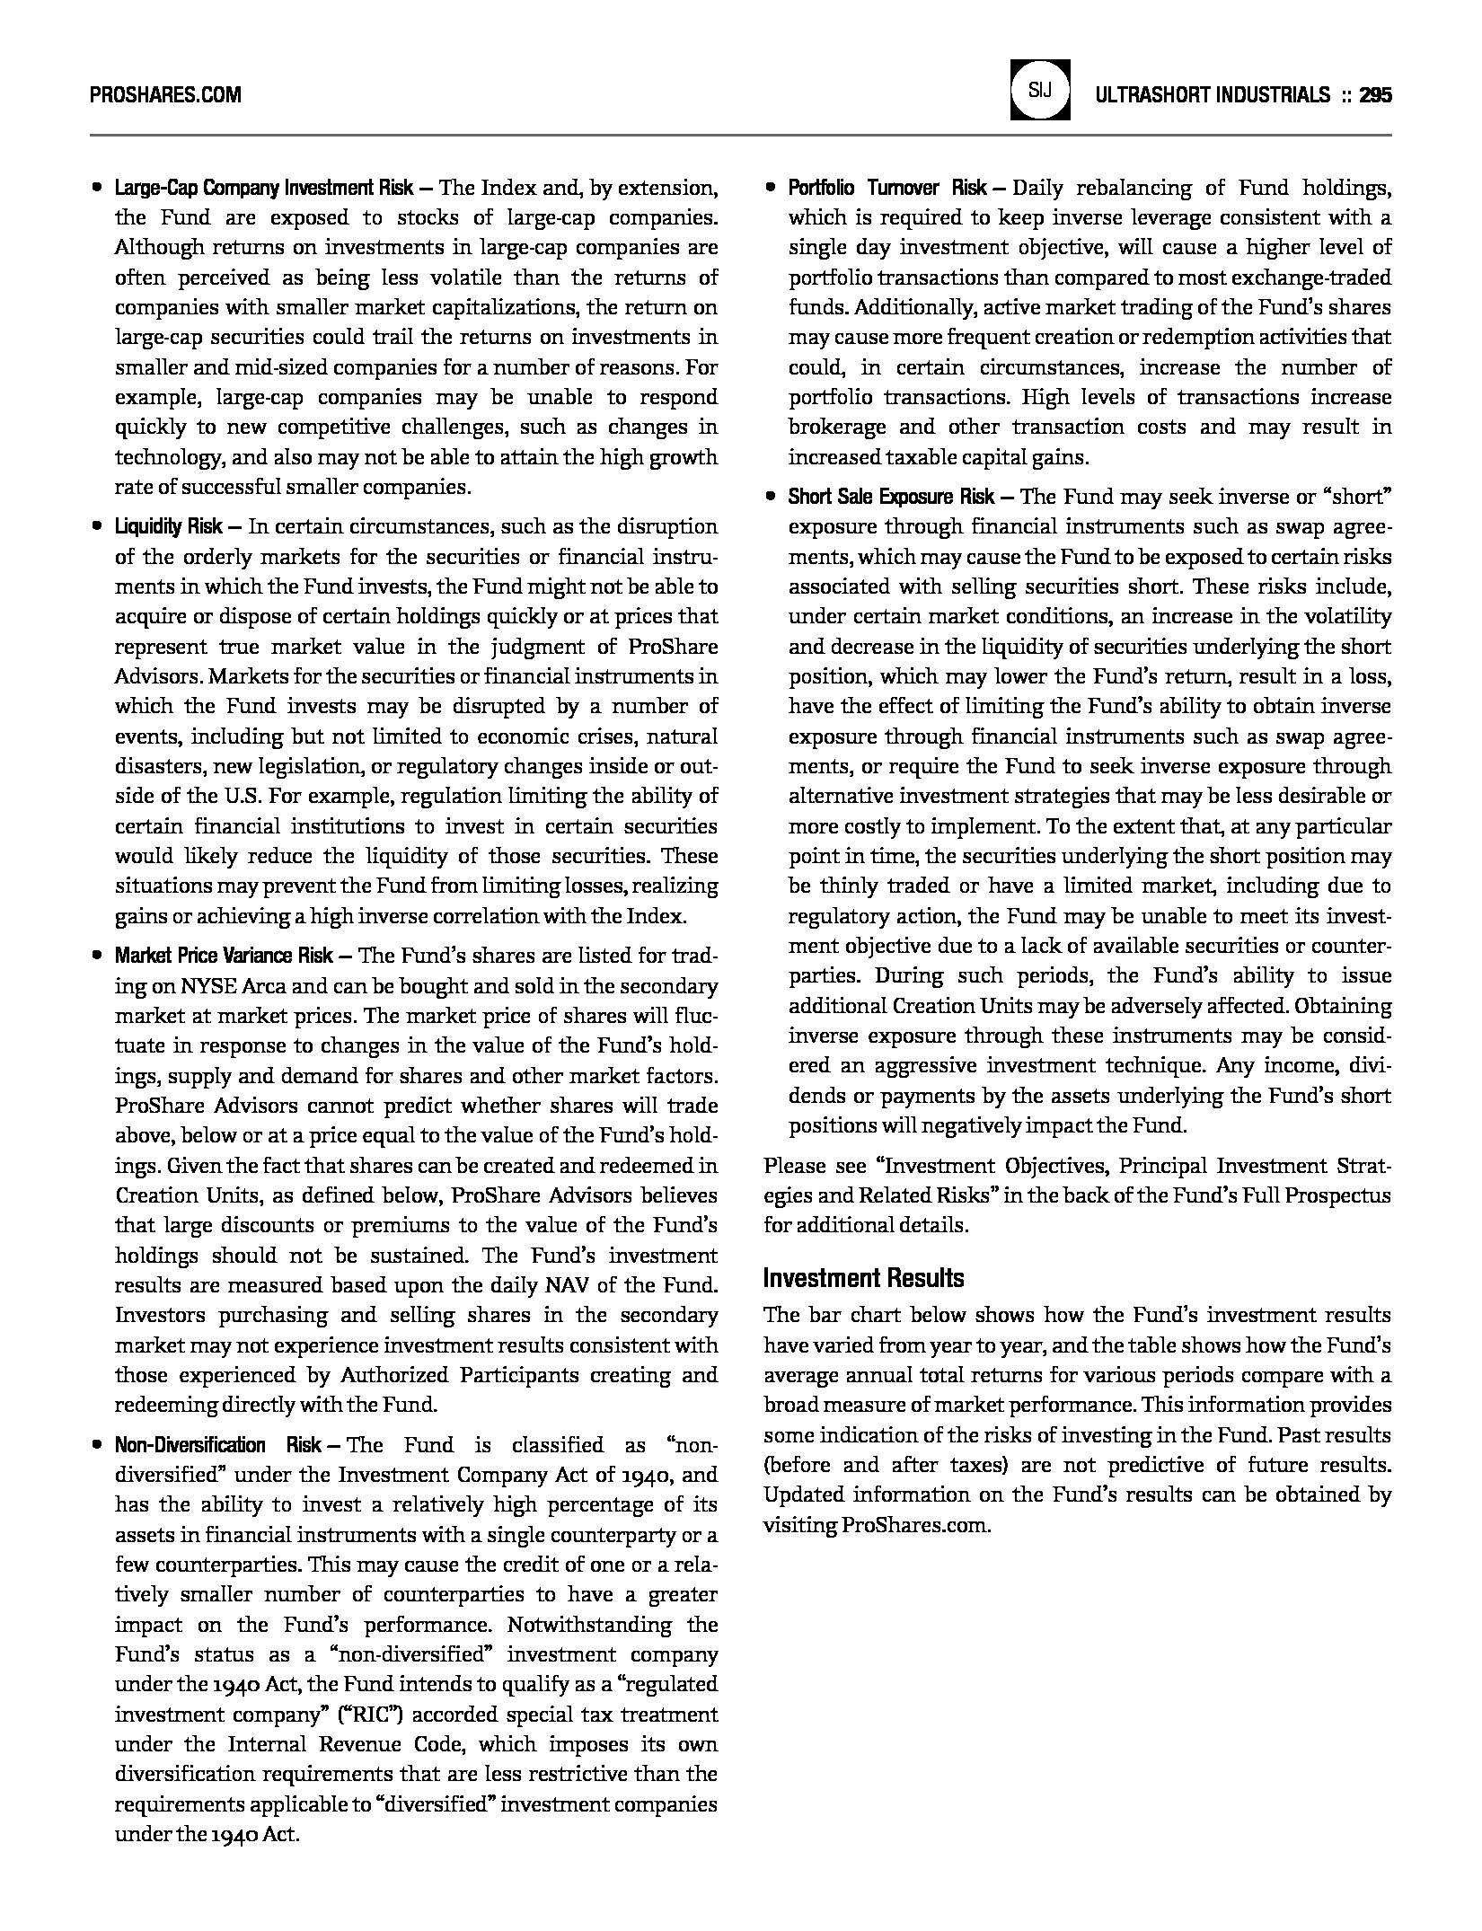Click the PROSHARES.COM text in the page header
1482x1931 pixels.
pyautogui.click(x=165, y=94)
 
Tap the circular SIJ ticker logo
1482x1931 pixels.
pyautogui.click(x=1040, y=90)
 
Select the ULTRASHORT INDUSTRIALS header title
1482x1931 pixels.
pyautogui.click(x=1212, y=94)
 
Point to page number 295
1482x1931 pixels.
pyautogui.click(x=1375, y=94)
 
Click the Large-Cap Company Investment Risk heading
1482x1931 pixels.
pyautogui.click(x=263, y=188)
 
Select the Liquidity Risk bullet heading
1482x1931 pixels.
pyautogui.click(x=168, y=526)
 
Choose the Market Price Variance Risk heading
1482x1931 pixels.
pyautogui.click(x=224, y=956)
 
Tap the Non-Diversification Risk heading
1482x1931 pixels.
pyautogui.click(x=217, y=1444)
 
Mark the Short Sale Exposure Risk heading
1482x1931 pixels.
pyautogui.click(x=891, y=497)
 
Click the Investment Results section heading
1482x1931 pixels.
pyautogui.click(x=863, y=1278)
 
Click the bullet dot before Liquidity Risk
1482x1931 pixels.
pyautogui.click(x=96, y=527)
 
